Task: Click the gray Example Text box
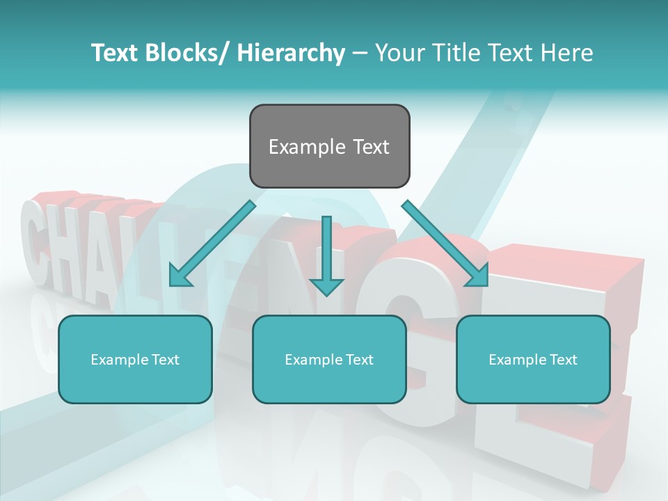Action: [x=329, y=146]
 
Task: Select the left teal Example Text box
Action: [x=135, y=359]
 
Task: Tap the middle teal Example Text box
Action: [x=329, y=359]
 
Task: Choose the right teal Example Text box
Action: [x=533, y=359]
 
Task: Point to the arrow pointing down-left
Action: [x=212, y=244]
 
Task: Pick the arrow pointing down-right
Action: [x=445, y=244]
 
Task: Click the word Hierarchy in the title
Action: [x=291, y=53]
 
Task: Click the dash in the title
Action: [x=360, y=54]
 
